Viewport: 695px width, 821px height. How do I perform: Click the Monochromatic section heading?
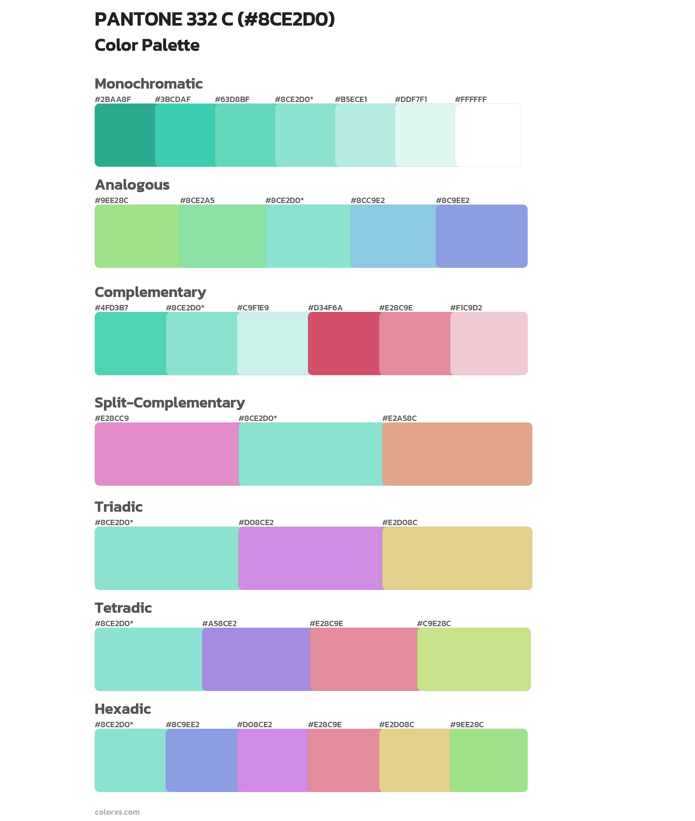(x=148, y=84)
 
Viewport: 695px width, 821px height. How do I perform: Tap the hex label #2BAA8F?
(x=113, y=99)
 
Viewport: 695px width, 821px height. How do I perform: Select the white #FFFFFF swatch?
(x=488, y=135)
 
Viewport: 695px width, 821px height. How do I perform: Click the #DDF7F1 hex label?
(x=411, y=99)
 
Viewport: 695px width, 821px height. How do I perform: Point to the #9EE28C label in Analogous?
(x=112, y=201)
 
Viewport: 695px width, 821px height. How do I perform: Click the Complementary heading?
(x=150, y=292)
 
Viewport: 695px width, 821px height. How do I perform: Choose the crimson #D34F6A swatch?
(x=344, y=343)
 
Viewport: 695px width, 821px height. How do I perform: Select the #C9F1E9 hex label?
(x=252, y=308)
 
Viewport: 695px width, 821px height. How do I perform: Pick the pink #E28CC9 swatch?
(x=167, y=454)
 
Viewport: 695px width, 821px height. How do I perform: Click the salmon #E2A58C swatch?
(x=457, y=454)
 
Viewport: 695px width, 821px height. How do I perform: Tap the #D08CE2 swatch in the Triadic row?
(x=311, y=558)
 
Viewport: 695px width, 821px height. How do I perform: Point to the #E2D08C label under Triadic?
(x=400, y=523)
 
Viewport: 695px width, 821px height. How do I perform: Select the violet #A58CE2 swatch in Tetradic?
(x=256, y=659)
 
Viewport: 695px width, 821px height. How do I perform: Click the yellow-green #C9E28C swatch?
(x=474, y=659)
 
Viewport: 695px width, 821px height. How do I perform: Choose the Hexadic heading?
(x=123, y=709)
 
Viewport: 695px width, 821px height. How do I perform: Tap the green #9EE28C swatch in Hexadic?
(x=488, y=760)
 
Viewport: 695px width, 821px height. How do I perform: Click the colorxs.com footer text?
(x=117, y=812)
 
